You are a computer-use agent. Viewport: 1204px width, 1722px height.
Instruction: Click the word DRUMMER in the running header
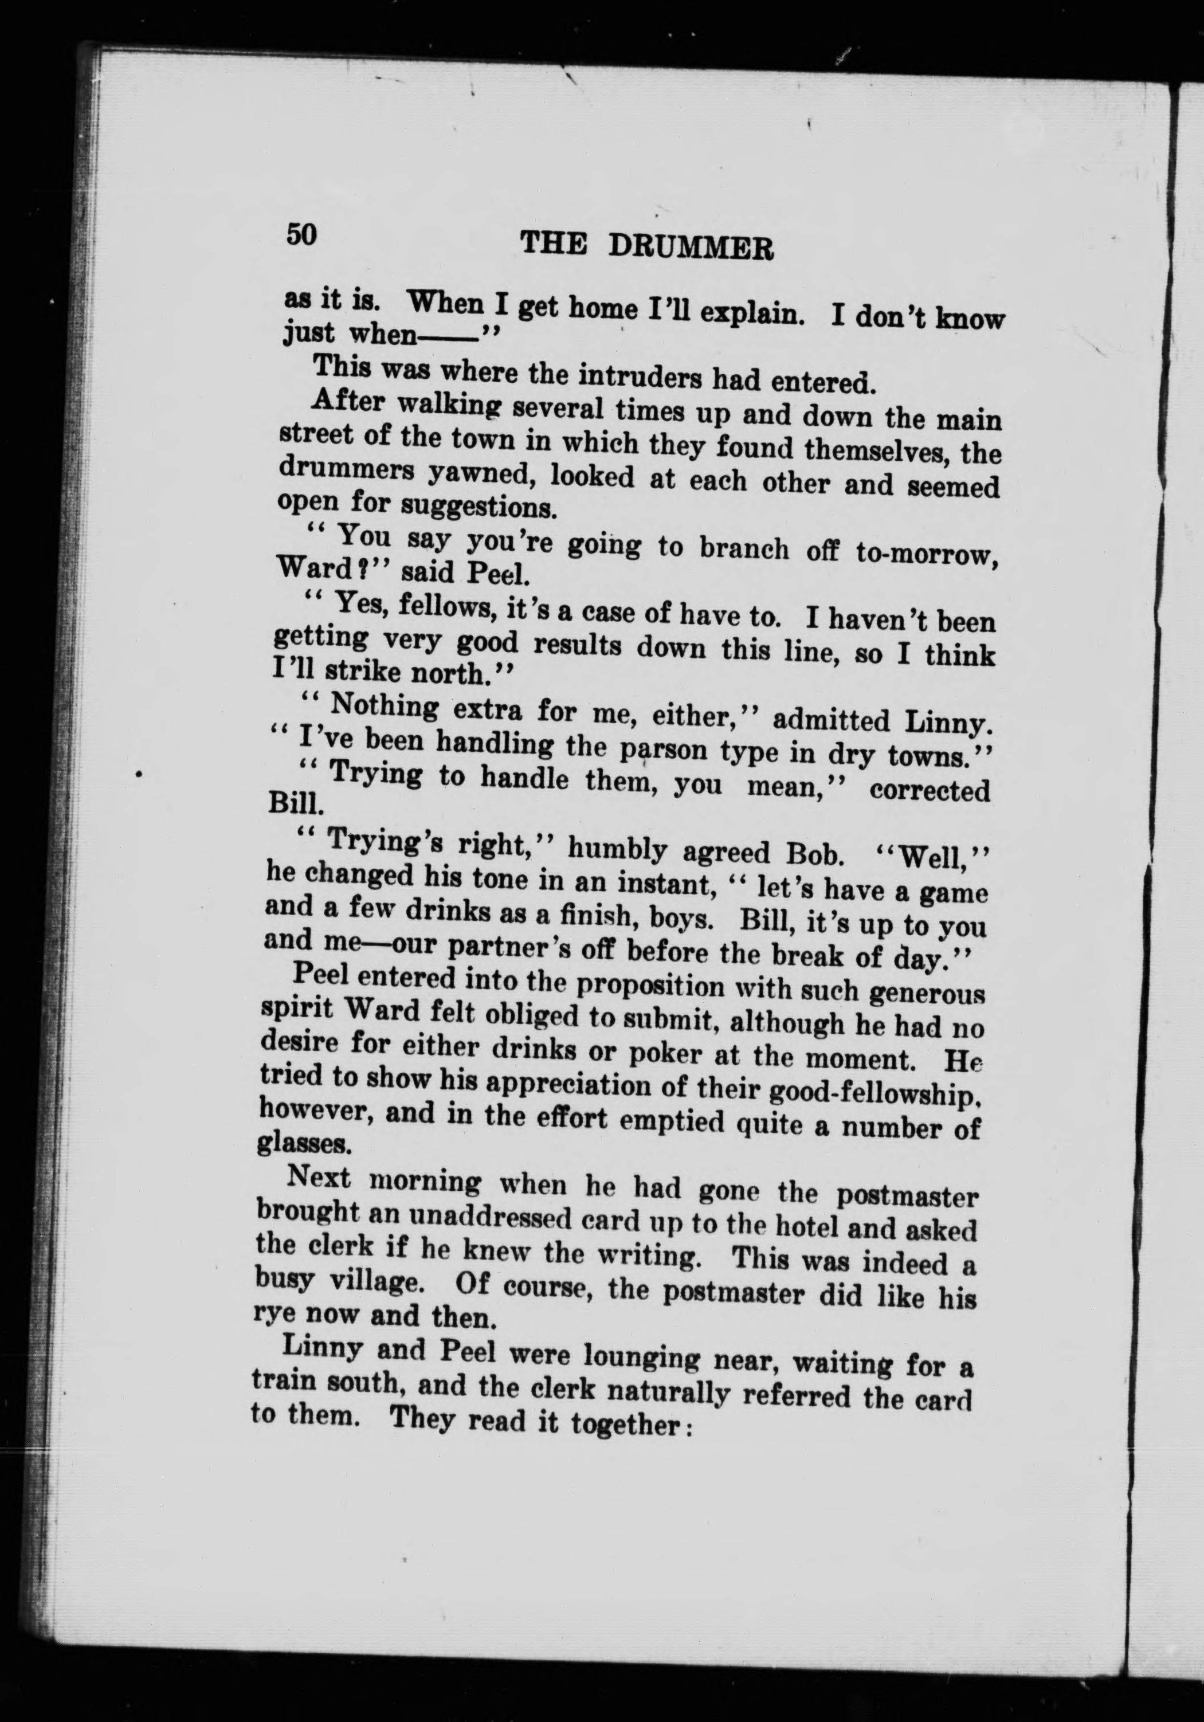coord(691,247)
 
